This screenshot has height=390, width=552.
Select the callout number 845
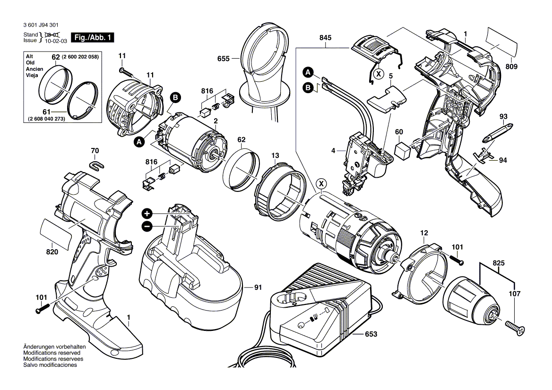(325, 38)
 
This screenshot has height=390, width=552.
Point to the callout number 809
(511, 67)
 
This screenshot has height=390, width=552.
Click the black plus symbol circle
(147, 213)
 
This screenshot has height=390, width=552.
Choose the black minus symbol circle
(147, 226)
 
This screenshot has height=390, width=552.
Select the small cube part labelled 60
(403, 150)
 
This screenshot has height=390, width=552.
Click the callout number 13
(275, 156)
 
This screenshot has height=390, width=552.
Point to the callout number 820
(52, 252)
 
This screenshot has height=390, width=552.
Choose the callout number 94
(503, 160)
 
